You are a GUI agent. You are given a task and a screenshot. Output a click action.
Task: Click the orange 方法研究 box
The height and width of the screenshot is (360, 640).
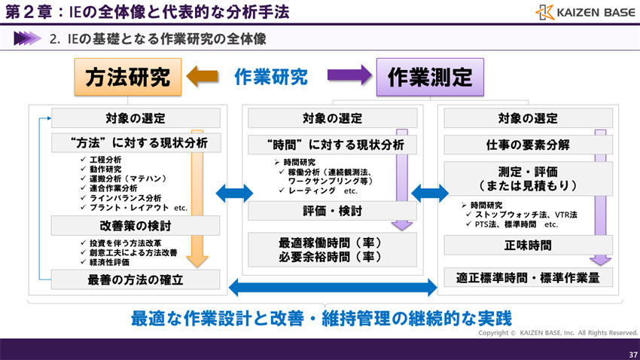click(x=128, y=78)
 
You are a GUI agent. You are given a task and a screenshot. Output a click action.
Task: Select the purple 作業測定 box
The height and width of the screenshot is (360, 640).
click(x=430, y=78)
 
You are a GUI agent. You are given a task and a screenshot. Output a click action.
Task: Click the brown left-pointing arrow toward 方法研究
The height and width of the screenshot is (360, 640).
click(x=202, y=76)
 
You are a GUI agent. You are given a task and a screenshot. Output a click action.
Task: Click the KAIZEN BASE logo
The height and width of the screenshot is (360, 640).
click(x=585, y=12)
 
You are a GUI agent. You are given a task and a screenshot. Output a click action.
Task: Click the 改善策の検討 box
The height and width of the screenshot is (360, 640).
click(x=136, y=225)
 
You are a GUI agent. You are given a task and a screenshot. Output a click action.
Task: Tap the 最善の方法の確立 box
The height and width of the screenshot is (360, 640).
click(x=136, y=279)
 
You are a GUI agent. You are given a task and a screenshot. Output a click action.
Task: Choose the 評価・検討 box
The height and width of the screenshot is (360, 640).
click(x=332, y=212)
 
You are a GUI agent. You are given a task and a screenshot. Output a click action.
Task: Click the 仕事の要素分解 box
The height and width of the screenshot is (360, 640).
click(x=527, y=145)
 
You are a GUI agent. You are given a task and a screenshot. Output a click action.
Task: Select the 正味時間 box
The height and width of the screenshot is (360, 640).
click(x=527, y=246)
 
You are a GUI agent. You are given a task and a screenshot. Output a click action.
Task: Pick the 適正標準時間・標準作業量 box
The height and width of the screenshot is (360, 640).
click(x=527, y=278)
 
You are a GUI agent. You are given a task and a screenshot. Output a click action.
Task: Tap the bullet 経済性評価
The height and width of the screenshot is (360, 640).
click(x=114, y=263)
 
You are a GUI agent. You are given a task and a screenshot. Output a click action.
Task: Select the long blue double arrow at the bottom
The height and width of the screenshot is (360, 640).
click(x=332, y=286)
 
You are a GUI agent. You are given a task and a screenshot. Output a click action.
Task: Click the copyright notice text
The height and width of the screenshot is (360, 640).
click(x=558, y=332)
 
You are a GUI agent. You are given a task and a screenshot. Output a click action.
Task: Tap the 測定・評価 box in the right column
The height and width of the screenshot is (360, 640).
click(x=527, y=178)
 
